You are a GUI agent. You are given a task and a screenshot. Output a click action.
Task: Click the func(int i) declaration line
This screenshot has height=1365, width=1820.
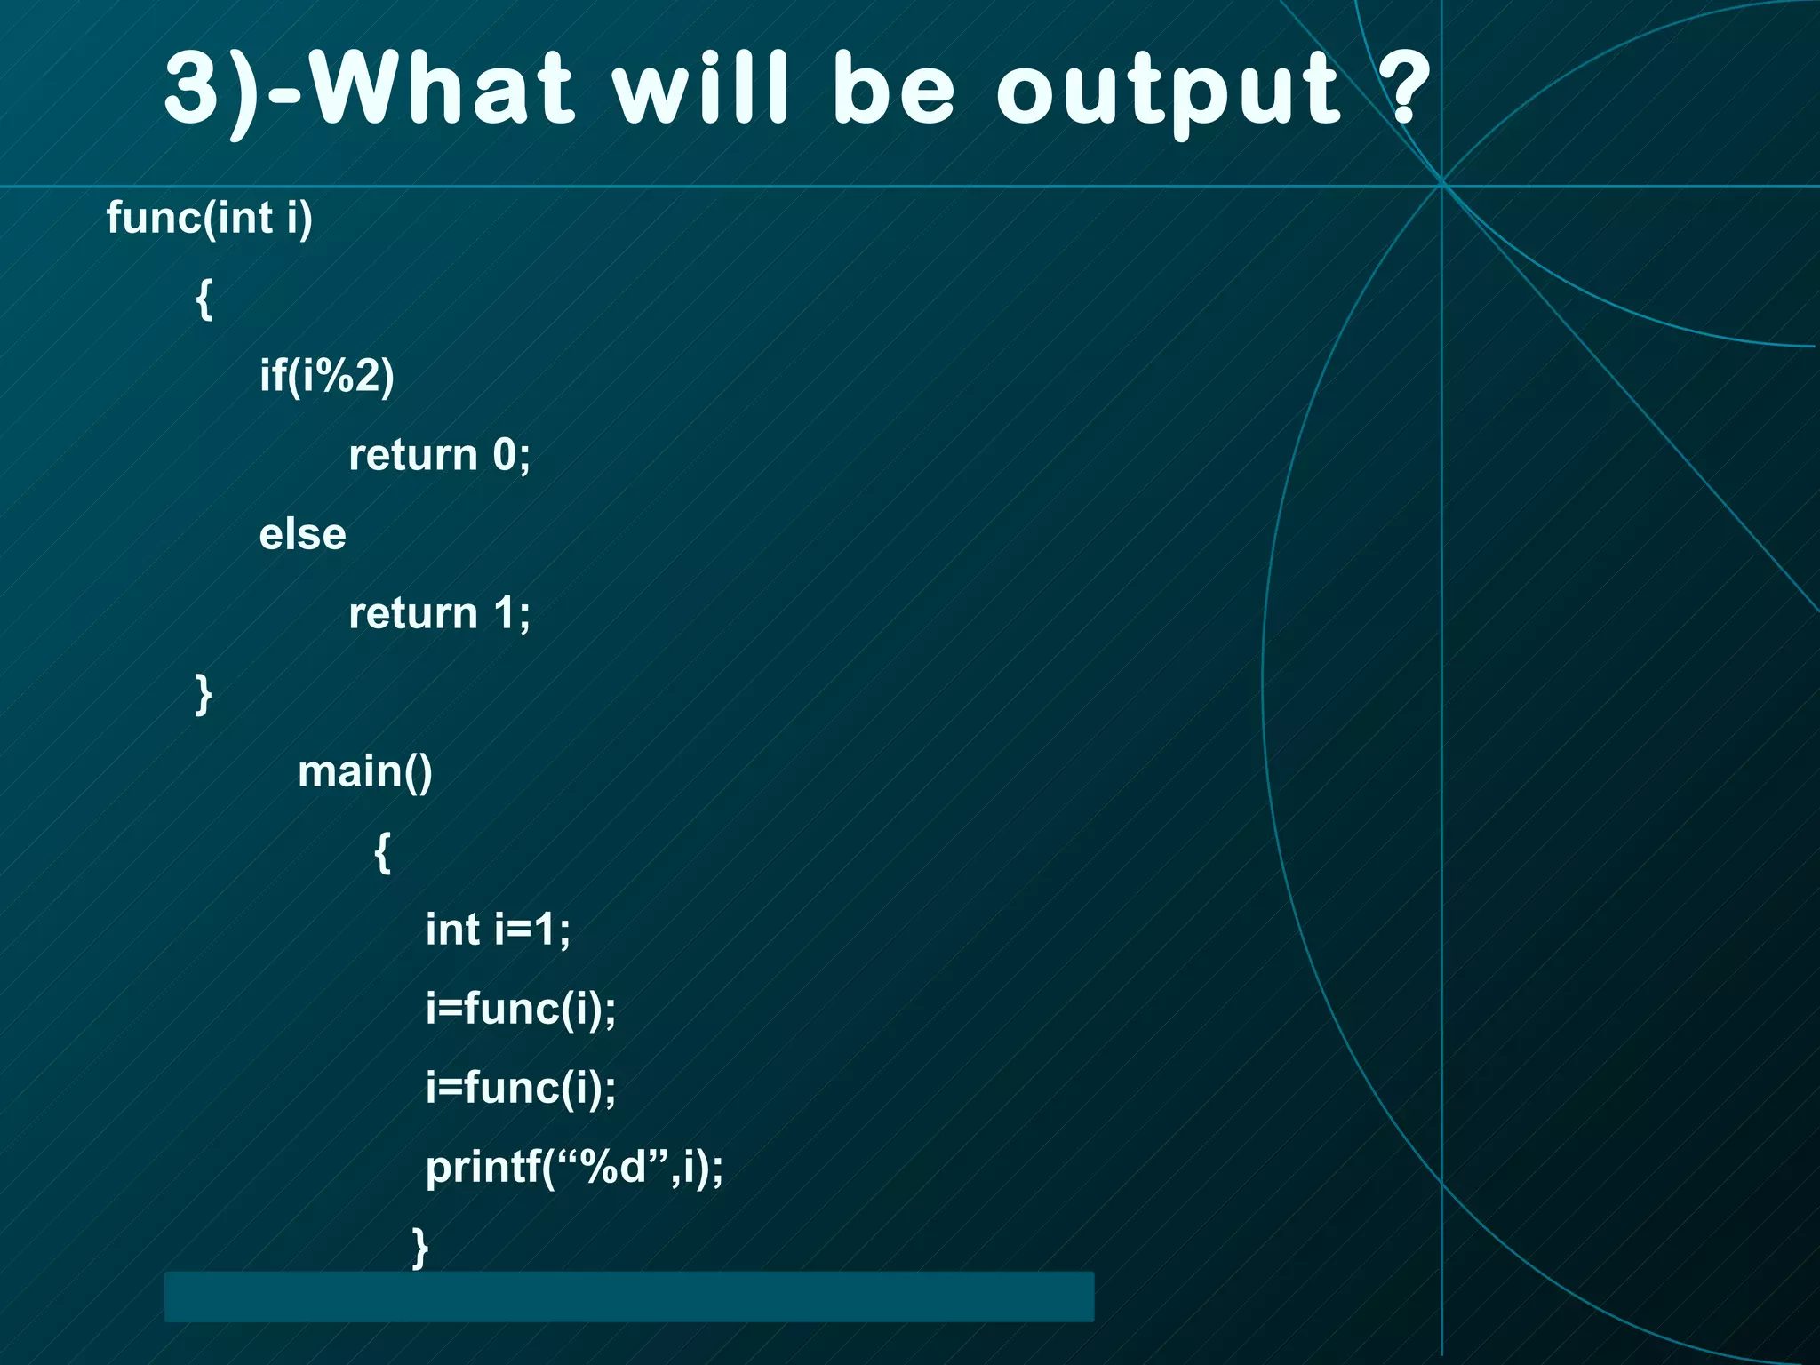(x=210, y=218)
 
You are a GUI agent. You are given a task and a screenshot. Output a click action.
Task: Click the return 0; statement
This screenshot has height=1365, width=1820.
(x=439, y=455)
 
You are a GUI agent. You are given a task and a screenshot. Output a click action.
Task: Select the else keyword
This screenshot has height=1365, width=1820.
(x=302, y=534)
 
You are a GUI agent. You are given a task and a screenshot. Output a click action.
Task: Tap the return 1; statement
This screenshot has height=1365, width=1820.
(x=439, y=613)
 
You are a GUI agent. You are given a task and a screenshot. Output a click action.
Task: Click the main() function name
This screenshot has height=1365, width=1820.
(x=364, y=771)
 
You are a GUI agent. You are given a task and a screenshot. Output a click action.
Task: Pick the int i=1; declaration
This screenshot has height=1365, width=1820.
(x=498, y=930)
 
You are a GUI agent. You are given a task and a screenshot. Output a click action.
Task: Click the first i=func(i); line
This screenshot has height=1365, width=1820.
(x=520, y=1009)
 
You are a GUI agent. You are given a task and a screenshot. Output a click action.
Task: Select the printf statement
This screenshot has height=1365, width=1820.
(x=574, y=1167)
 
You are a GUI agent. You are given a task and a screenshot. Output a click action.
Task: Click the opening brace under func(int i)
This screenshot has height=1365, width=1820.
(x=204, y=299)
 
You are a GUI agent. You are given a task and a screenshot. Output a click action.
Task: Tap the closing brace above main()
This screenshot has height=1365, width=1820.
(x=204, y=694)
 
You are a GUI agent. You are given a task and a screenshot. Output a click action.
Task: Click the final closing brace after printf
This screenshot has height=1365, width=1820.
(x=420, y=1247)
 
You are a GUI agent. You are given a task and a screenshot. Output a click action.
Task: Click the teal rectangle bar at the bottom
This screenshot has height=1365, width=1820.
(x=628, y=1297)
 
